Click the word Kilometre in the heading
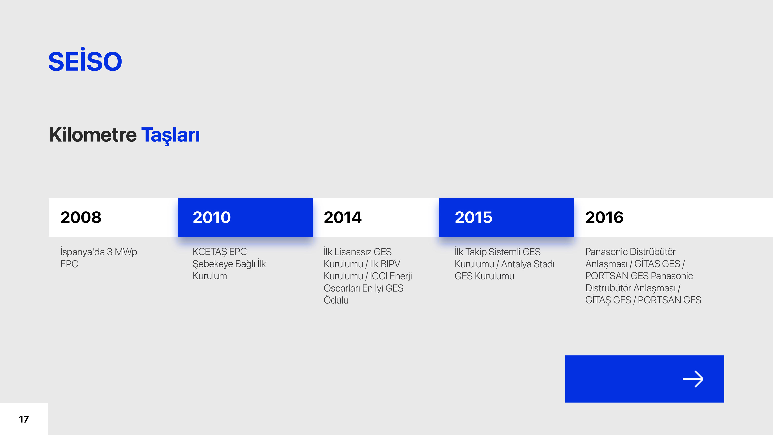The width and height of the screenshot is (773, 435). pyautogui.click(x=93, y=135)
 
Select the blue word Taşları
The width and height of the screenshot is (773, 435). pyautogui.click(x=171, y=135)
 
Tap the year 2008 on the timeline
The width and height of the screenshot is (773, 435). pyautogui.click(x=81, y=217)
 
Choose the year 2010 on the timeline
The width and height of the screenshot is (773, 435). pyautogui.click(x=212, y=217)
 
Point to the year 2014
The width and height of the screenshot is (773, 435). pyautogui.click(x=343, y=217)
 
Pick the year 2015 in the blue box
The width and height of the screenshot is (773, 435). pyautogui.click(x=473, y=217)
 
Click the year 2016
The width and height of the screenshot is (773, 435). pyautogui.click(x=604, y=217)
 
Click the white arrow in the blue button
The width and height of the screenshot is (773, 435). pyautogui.click(x=693, y=379)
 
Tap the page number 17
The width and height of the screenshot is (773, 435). pyautogui.click(x=24, y=419)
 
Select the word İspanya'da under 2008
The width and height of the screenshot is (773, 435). pyautogui.click(x=83, y=252)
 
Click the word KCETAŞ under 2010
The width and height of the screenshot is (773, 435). pyautogui.click(x=209, y=252)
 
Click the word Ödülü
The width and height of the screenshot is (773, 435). pyautogui.click(x=336, y=300)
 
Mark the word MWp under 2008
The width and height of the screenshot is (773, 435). pyautogui.click(x=126, y=252)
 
